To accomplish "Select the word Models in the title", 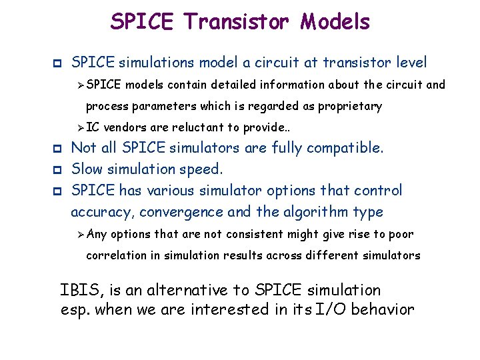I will [x=335, y=22].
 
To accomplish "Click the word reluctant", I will [x=199, y=127].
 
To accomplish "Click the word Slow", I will [x=87, y=169].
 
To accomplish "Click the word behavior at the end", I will [x=388, y=309].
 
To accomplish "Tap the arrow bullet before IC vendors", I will [x=81, y=127].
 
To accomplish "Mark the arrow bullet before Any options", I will [x=81, y=234].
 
